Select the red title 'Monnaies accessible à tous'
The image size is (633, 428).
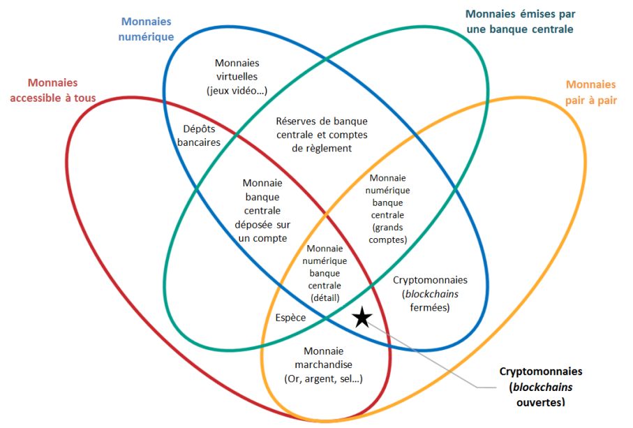coord(53,90)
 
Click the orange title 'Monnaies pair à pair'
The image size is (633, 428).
coord(590,92)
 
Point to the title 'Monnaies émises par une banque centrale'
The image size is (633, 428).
coord(519,21)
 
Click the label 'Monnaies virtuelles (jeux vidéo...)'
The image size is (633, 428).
coord(237,76)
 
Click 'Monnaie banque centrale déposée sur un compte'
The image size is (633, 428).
coord(262,210)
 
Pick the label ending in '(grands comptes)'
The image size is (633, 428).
coord(389,209)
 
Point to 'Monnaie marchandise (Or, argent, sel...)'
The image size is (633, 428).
coord(328,364)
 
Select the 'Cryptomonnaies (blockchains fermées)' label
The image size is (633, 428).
coord(430,293)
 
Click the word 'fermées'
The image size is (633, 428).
coord(430,307)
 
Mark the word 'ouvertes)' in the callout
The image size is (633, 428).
coord(540,402)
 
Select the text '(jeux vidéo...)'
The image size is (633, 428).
coord(237,90)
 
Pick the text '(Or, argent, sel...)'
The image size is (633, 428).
coord(328,378)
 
